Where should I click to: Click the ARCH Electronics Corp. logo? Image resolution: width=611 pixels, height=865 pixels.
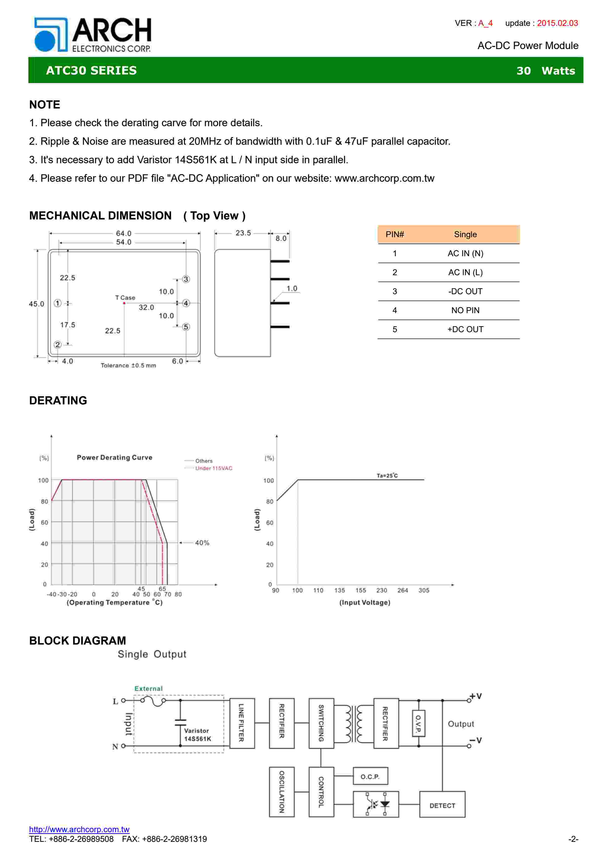click(93, 35)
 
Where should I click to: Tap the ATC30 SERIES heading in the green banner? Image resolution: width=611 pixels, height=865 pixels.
click(91, 71)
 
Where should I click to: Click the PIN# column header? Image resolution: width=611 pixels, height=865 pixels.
click(395, 234)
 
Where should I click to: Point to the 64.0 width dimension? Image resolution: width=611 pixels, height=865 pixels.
click(123, 234)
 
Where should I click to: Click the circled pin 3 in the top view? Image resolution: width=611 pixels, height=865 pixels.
click(186, 279)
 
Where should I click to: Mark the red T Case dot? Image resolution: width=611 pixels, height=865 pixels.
click(124, 303)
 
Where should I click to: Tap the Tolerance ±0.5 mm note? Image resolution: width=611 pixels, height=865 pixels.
click(128, 365)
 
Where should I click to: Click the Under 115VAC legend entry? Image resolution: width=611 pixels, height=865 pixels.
click(213, 468)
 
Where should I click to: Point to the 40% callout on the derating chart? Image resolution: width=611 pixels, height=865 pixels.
click(202, 543)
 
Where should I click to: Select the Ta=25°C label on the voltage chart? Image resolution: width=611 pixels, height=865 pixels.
click(387, 475)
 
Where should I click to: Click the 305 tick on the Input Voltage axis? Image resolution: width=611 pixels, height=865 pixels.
click(424, 590)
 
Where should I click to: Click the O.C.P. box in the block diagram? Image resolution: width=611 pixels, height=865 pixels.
click(370, 776)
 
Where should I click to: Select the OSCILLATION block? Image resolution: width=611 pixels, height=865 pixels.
click(282, 792)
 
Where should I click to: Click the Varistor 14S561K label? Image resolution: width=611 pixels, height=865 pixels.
click(197, 735)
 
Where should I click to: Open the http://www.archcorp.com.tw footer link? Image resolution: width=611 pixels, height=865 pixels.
click(79, 829)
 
